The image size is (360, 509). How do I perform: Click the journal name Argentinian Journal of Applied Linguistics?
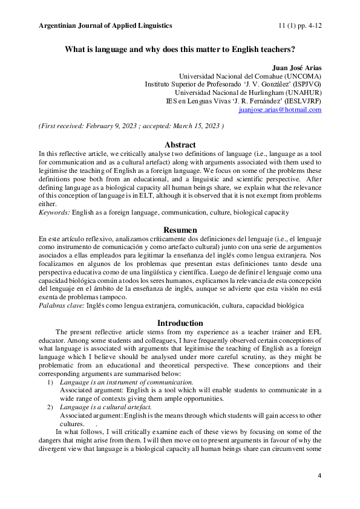coord(105,25)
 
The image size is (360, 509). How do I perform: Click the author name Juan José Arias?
coord(297,66)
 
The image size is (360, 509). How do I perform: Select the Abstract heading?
coord(180,145)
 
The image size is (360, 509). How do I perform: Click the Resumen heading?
coord(180,230)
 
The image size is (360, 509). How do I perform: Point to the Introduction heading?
coord(180,323)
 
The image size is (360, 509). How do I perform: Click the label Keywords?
coord(54,213)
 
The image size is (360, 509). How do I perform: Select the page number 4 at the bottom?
coord(319,477)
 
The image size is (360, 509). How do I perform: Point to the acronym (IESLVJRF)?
coord(301,102)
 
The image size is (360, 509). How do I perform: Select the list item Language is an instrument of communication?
coord(126,382)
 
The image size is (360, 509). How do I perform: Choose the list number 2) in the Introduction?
coord(50,408)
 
